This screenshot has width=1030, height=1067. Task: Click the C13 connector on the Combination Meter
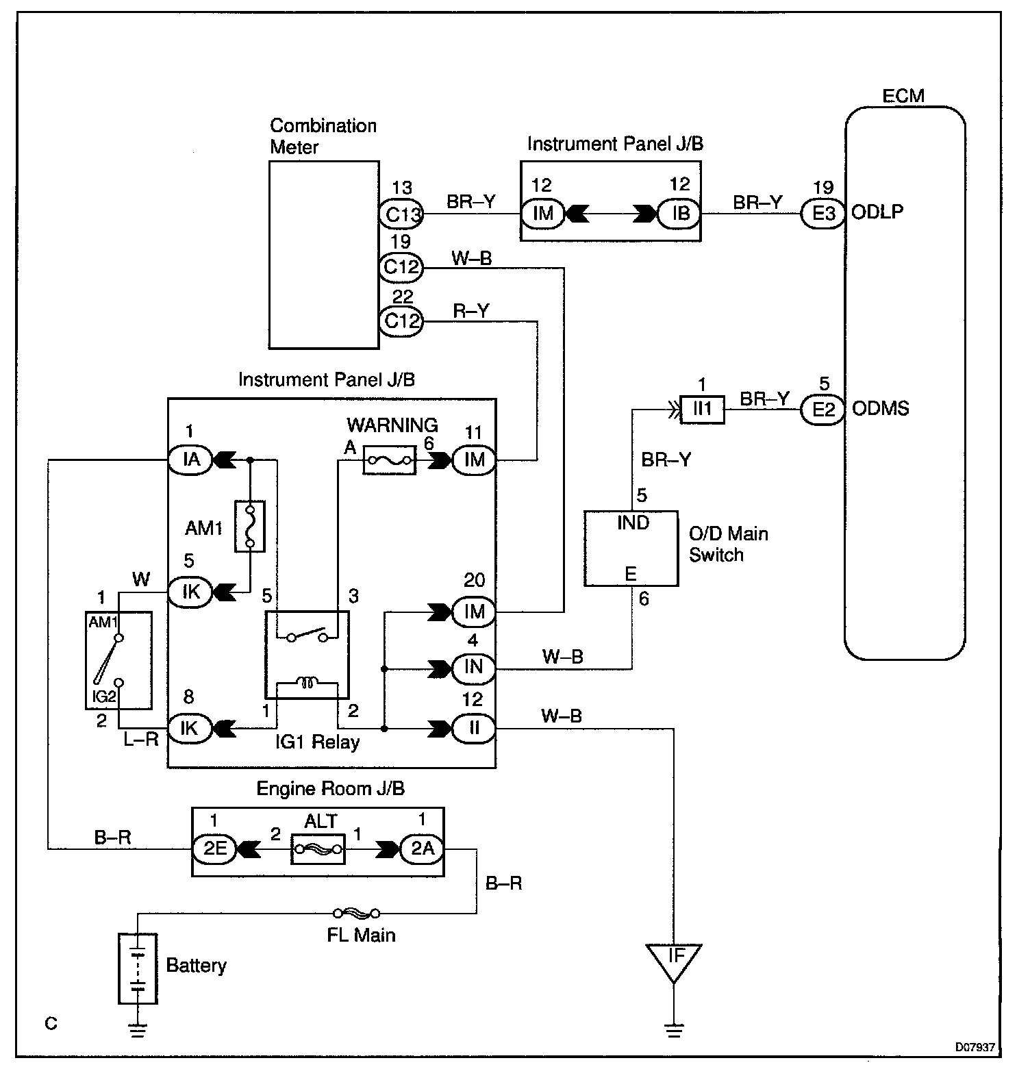(401, 214)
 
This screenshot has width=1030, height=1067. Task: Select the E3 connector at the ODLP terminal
(822, 214)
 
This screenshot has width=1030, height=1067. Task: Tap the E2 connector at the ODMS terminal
(822, 410)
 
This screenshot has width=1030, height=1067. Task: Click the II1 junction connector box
(702, 410)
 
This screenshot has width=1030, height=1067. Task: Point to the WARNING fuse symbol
(388, 460)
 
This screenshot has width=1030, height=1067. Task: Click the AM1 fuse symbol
(250, 526)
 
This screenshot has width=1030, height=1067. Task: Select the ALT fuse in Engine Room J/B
(317, 849)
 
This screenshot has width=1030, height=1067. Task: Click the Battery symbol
(138, 968)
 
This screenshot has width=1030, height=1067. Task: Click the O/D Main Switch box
(631, 548)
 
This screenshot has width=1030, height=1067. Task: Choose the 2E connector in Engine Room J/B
(214, 849)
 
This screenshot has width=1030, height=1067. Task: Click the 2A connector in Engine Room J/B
(423, 849)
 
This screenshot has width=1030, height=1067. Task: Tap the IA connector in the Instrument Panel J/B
(191, 459)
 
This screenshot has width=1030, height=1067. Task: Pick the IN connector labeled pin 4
(474, 668)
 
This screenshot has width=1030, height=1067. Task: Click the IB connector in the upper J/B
(680, 214)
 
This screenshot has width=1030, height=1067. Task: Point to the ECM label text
(903, 96)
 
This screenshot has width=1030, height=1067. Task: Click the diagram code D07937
(975, 1047)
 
